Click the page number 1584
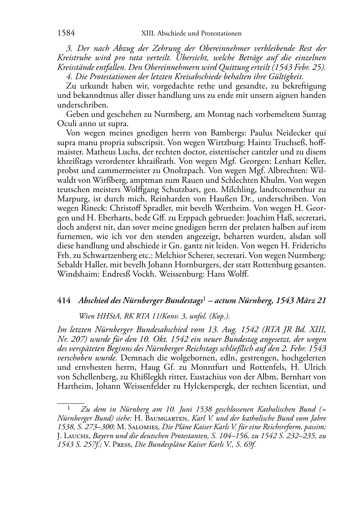point(66,33)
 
